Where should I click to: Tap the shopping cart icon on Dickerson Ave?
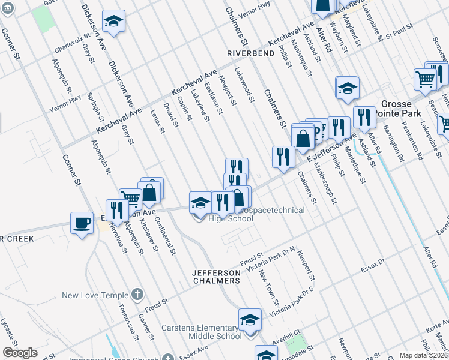pyautogui.click(x=130, y=199)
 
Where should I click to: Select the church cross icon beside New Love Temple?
pyautogui.click(x=137, y=295)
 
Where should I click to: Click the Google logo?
pyautogui.click(x=20, y=353)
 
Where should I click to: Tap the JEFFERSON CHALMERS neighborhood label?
pyautogui.click(x=216, y=277)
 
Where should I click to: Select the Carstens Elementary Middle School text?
pyautogui.click(x=201, y=332)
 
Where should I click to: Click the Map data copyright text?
pyautogui.click(x=423, y=355)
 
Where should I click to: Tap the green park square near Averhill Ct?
pyautogui.click(x=295, y=344)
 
